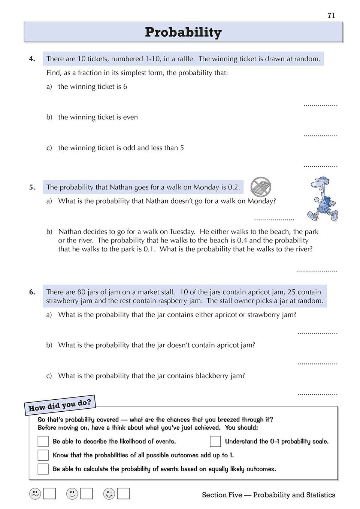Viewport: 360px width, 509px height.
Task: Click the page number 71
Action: point(331,15)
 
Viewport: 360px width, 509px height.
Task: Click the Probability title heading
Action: point(183,32)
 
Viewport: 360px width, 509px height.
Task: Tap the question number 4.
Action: point(32,59)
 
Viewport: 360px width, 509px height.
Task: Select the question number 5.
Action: point(32,187)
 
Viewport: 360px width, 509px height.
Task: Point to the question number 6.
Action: point(32,292)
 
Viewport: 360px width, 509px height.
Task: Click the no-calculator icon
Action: point(261,187)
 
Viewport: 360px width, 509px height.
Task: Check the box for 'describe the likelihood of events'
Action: point(43,441)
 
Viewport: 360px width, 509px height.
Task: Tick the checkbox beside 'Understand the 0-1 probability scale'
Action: point(215,441)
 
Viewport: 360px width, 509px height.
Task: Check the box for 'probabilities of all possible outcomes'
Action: point(43,455)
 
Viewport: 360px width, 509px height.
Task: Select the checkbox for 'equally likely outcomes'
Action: point(43,469)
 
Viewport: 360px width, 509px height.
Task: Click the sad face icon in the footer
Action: point(35,494)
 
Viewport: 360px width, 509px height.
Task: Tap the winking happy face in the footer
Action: point(109,494)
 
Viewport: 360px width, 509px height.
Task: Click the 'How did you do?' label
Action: point(60,405)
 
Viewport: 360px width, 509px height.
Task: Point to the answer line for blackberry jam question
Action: point(317,394)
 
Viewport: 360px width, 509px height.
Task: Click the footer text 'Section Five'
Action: point(222,495)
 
